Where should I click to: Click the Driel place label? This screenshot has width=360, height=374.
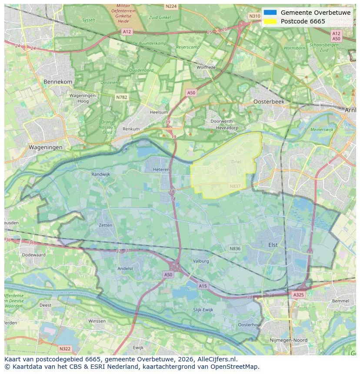[x=236, y=162]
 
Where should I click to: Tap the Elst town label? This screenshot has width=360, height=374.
[x=273, y=245]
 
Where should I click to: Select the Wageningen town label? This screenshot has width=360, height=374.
[x=46, y=147]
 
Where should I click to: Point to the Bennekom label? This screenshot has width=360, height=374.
[x=58, y=82]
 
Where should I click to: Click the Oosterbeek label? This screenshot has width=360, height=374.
[x=269, y=101]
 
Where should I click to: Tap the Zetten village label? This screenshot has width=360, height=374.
[x=105, y=225]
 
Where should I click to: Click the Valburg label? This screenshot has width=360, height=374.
[x=201, y=261]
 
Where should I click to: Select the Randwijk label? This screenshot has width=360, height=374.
[x=101, y=174]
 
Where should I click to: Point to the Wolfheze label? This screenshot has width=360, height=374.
[x=206, y=67]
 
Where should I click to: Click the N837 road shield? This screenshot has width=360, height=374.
[x=235, y=186]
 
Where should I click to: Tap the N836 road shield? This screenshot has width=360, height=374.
[x=235, y=248]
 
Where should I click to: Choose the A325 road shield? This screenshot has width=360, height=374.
[x=298, y=295]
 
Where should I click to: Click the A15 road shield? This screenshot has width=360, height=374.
[x=203, y=285]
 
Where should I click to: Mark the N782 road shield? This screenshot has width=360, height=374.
[x=121, y=97]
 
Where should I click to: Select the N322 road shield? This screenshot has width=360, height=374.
[x=64, y=348]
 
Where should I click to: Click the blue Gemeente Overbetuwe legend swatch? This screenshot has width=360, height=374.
[x=270, y=13]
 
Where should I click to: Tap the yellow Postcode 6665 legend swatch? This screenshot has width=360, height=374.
[x=270, y=21]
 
